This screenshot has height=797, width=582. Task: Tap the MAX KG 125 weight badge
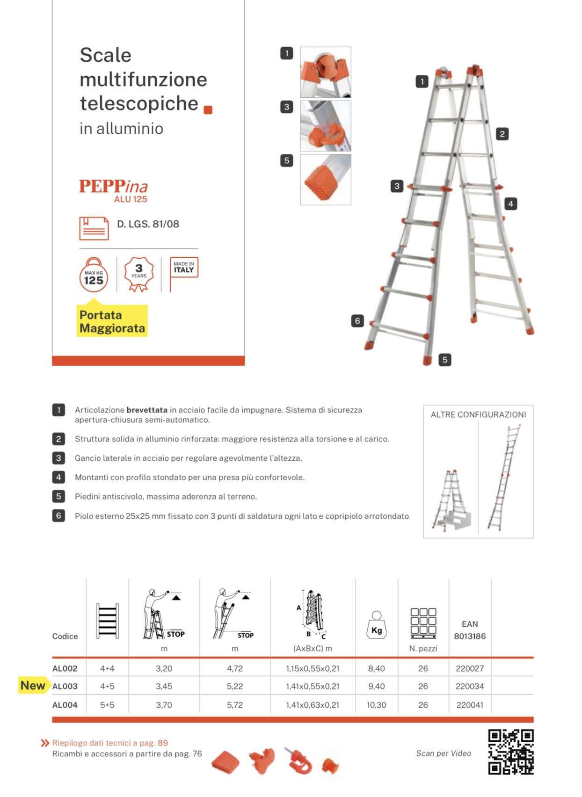94,276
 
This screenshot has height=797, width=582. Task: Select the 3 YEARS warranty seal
138,274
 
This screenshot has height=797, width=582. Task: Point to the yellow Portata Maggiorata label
112,321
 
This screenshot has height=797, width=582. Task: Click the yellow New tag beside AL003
33,686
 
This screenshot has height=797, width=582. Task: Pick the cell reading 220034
469,686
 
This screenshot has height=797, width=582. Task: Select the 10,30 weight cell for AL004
376,705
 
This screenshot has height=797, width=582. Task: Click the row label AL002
65,668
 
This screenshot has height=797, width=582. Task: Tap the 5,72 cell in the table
234,705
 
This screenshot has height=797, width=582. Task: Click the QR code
510,752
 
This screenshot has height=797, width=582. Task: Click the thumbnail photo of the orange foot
326,180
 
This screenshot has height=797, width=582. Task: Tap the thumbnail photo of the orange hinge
326,72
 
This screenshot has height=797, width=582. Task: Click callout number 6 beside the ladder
357,321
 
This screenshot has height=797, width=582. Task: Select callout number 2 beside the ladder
502,134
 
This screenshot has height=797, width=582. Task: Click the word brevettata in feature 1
146,410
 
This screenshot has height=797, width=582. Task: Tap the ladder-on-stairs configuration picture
451,500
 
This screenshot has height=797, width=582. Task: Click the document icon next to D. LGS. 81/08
94,228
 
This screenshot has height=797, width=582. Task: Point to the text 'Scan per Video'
444,753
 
